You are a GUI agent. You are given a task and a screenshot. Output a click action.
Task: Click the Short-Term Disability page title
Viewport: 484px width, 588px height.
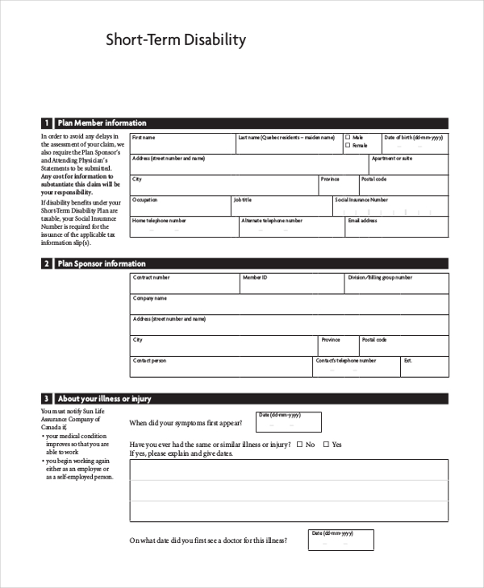point(176,40)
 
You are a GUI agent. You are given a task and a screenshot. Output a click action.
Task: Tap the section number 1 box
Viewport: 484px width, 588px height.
point(47,123)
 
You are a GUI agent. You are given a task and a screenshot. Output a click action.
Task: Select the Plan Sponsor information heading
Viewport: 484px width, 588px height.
point(102,263)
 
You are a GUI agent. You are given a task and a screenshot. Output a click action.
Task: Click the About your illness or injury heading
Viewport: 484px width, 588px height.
point(104,399)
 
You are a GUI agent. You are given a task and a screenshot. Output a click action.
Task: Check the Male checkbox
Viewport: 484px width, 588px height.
point(348,138)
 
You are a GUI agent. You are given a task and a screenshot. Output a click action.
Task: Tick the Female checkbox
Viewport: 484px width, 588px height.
point(348,146)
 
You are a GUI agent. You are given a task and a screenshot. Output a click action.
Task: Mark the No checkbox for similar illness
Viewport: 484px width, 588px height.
point(300,444)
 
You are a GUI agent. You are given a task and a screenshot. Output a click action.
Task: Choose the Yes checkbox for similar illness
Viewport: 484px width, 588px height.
point(326,444)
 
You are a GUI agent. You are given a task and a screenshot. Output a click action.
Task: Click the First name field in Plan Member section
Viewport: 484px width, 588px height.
point(182,146)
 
